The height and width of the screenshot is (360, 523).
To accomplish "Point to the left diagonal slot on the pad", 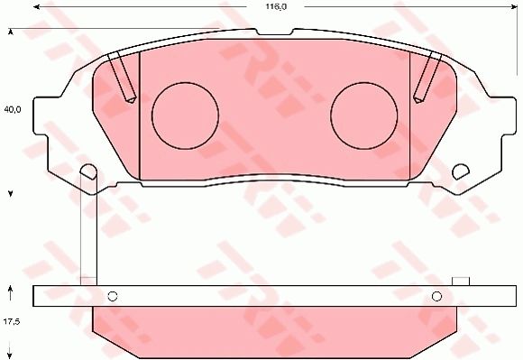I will click(x=121, y=77).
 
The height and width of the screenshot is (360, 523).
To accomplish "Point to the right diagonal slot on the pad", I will click(x=427, y=77).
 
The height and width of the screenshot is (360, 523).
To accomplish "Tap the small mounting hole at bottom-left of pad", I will click(x=88, y=171).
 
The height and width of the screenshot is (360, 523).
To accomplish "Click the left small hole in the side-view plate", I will click(x=113, y=296).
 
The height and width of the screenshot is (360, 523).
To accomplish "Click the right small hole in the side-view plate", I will click(x=436, y=296).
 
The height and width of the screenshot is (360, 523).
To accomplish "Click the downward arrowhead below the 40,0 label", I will click(x=11, y=193).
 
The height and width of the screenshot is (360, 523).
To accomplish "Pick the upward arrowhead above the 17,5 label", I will click(x=11, y=290).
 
